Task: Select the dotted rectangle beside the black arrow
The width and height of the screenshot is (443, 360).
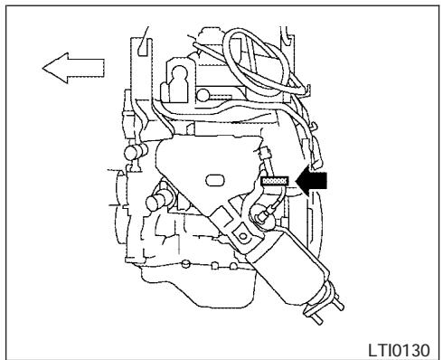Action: click(273, 181)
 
